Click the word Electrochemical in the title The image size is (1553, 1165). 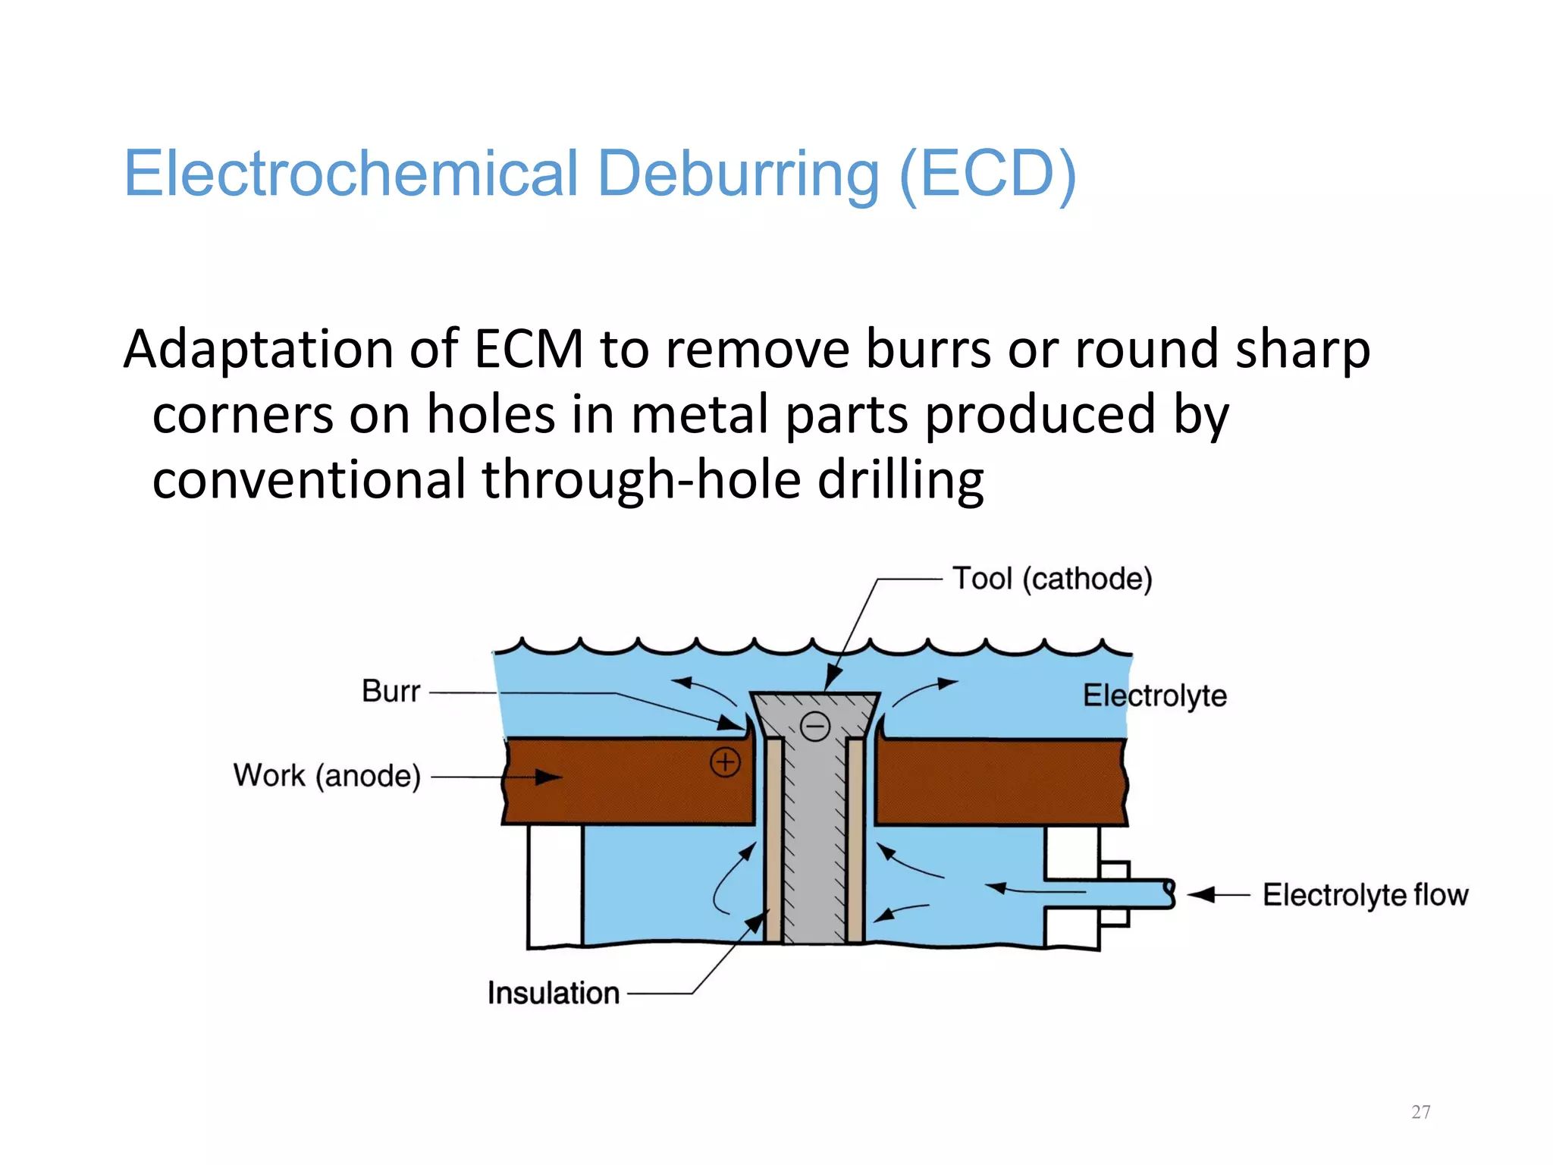coord(351,174)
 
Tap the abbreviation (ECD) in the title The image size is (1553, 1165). coord(987,174)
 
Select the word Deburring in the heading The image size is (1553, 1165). coord(738,175)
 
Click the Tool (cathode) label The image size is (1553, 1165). coord(1052,579)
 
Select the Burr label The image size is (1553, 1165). coord(391,692)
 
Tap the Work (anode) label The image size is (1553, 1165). coord(327,776)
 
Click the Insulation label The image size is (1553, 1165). coord(553,993)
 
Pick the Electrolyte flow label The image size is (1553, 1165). coord(1365,895)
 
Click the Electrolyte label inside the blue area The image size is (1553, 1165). coord(1154,696)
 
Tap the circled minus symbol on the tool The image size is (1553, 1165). coord(815,727)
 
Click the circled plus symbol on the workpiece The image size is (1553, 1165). coord(725,762)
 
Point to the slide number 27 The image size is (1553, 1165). coord(1421,1112)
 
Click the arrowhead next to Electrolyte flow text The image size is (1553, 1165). coord(1202,895)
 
